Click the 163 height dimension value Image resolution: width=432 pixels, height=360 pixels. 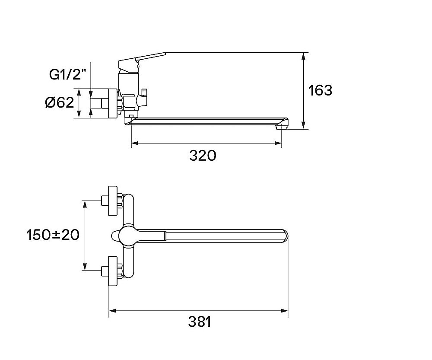pyautogui.click(x=320, y=90)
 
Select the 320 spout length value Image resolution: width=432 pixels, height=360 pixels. pyautogui.click(x=203, y=156)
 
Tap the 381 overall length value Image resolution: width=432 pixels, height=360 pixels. pyautogui.click(x=200, y=322)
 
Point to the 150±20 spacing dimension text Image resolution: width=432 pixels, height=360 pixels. pyautogui.click(x=53, y=235)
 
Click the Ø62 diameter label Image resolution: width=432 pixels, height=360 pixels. pyautogui.click(x=60, y=102)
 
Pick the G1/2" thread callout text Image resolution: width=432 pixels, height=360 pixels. pyautogui.click(x=67, y=74)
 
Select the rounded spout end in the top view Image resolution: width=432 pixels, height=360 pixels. pyautogui.click(x=285, y=236)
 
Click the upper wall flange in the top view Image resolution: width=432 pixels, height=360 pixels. pyautogui.click(x=113, y=201)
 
